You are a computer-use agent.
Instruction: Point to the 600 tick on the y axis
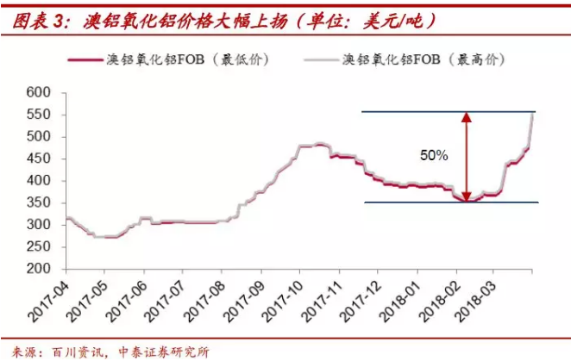(x=40, y=93)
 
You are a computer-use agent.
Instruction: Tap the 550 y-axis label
(x=40, y=115)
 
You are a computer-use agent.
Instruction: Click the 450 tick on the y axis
(x=40, y=159)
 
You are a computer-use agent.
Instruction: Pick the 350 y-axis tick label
(x=40, y=202)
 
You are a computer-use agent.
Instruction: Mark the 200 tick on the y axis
(x=40, y=269)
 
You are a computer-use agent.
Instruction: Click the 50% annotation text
(x=433, y=156)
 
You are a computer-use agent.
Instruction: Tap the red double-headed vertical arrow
(x=467, y=157)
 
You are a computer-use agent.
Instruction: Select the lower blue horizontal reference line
(x=414, y=202)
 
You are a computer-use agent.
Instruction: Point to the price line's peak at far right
(x=532, y=114)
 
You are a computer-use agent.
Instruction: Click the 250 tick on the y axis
(x=40, y=246)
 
